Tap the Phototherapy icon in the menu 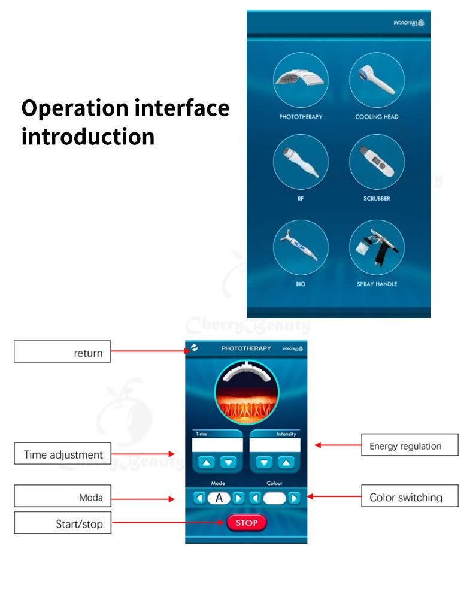(x=301, y=80)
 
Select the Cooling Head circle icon (x=377, y=80)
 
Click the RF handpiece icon (x=301, y=162)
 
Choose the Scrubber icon (x=377, y=162)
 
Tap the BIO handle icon (x=301, y=247)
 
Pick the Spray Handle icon (x=377, y=247)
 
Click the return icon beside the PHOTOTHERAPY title (x=195, y=348)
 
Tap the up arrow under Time (x=207, y=462)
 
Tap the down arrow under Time (x=229, y=462)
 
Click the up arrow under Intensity (x=286, y=462)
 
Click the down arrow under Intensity (x=264, y=462)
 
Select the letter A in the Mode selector (x=219, y=498)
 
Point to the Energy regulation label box (x=410, y=445)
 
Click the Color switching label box (x=410, y=496)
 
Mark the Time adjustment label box (x=62, y=454)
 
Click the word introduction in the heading (x=88, y=137)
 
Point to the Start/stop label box (x=62, y=523)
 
